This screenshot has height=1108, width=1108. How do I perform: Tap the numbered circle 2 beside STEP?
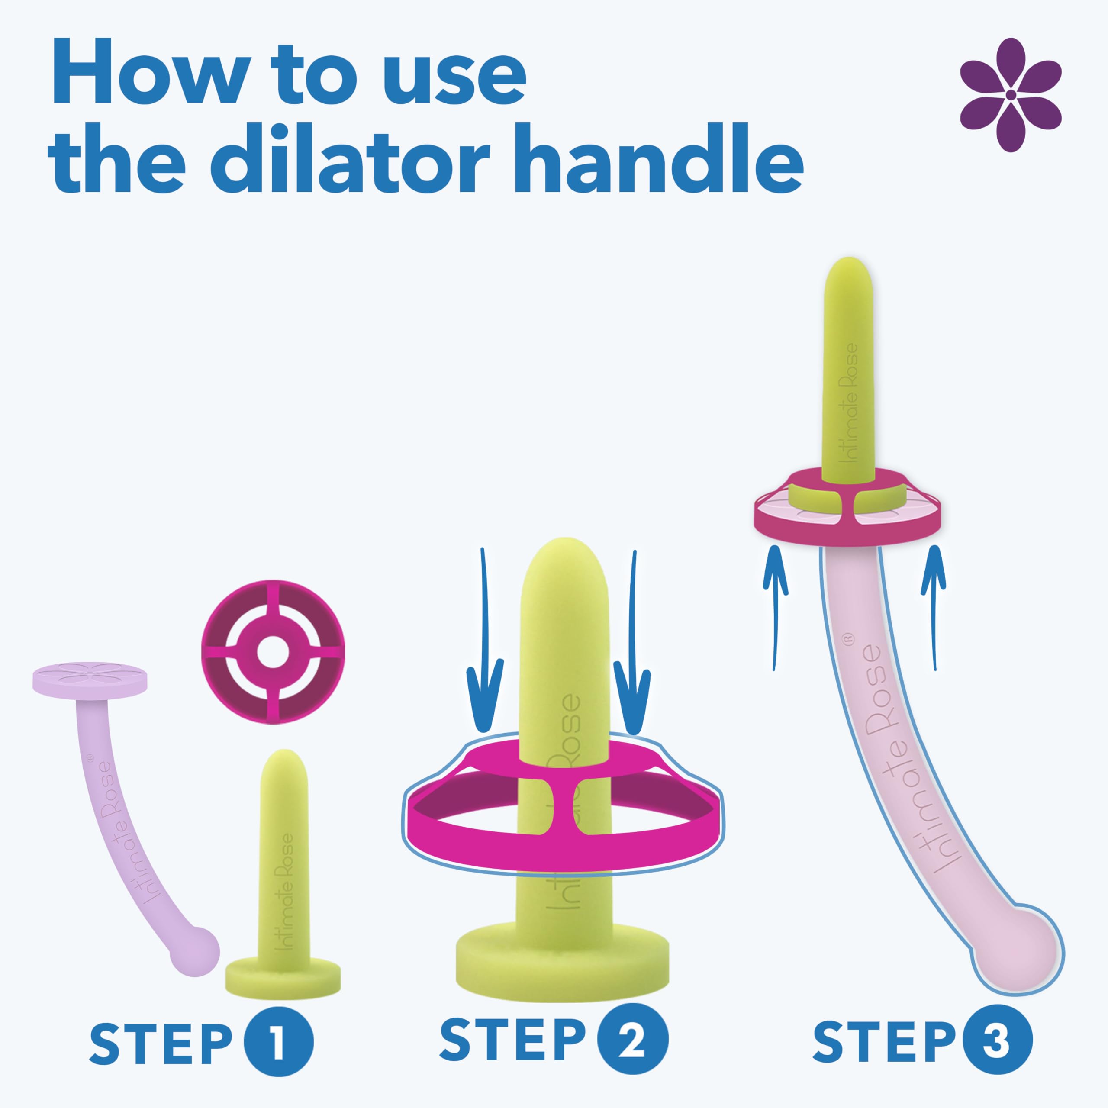(633, 1039)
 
